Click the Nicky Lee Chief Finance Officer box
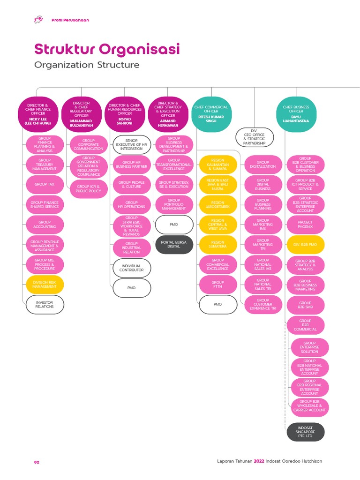38,114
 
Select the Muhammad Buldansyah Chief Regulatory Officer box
81,114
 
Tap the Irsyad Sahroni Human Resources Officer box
124,114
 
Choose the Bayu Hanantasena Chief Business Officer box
296,114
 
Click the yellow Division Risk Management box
45,284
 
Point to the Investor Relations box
45,305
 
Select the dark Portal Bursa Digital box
173,244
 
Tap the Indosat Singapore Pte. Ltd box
305,432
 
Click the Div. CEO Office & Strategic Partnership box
254,137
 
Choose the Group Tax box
45,185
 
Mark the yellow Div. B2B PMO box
305,245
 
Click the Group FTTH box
217,285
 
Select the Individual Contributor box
132,268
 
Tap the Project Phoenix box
305,225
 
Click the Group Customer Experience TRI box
262,305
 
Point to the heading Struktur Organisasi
107,49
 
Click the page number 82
37,462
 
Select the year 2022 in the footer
259,461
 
